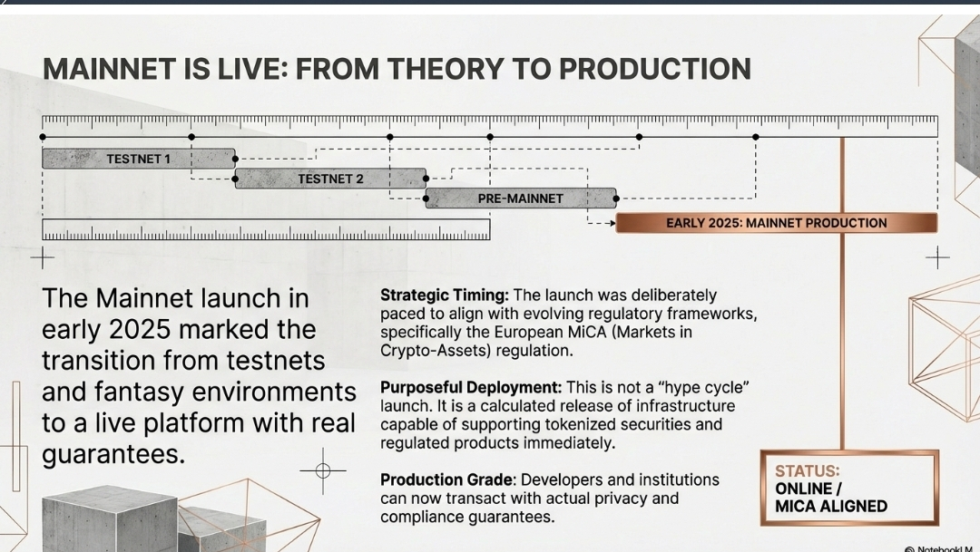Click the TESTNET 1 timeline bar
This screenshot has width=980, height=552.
coord(139,159)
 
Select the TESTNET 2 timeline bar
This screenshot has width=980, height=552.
coord(330,179)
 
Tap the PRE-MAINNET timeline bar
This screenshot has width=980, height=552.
coord(521,199)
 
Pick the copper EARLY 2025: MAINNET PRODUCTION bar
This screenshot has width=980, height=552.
coord(776,223)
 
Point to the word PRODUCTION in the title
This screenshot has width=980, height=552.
coord(654,69)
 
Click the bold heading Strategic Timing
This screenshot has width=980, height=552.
coord(445,295)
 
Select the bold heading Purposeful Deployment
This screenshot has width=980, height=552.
coord(471,388)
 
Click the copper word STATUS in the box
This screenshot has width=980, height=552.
coord(807,471)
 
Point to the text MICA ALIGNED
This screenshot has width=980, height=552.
coord(830,507)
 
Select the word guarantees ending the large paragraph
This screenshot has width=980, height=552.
coord(113,455)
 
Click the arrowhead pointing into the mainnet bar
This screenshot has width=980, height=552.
coord(613,223)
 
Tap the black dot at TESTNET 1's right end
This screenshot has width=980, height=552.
coord(236,159)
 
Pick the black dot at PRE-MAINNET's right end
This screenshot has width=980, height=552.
coord(616,199)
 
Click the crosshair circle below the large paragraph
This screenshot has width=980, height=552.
coord(323,470)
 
